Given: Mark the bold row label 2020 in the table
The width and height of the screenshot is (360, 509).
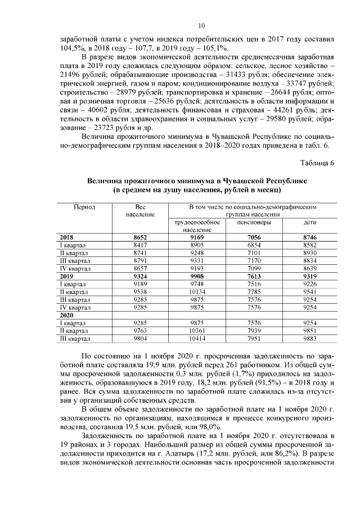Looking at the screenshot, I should point(67,316).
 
